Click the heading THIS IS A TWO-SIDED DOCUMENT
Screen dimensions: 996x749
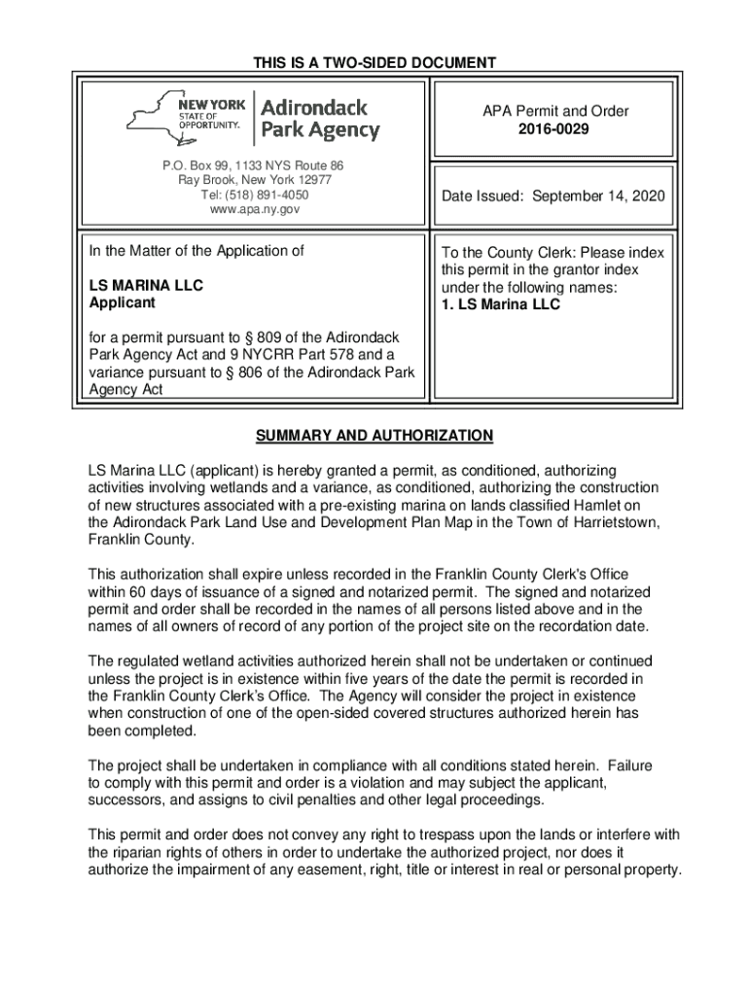(374, 63)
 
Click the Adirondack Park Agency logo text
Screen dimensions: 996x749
(320, 118)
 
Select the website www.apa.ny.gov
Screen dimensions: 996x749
(254, 209)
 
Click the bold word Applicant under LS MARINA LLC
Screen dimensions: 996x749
(122, 303)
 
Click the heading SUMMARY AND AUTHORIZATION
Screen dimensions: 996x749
(374, 435)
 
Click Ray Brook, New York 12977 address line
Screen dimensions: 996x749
(254, 180)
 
